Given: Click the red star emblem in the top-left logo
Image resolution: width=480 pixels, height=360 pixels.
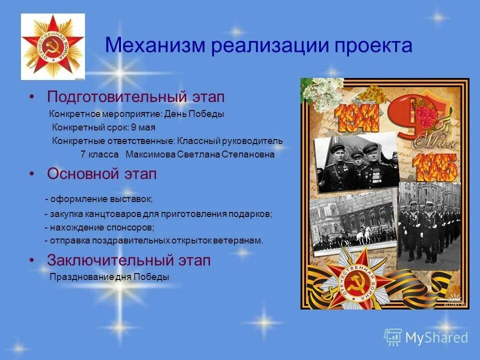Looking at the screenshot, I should [x=52, y=46].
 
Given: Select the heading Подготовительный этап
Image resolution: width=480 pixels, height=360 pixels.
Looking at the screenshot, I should [x=135, y=96].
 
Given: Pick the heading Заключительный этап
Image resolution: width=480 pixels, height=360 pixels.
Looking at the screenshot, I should [x=129, y=260].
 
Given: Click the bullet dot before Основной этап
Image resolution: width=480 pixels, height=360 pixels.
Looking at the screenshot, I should [x=32, y=174].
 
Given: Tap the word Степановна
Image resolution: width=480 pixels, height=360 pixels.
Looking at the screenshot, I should [x=248, y=154].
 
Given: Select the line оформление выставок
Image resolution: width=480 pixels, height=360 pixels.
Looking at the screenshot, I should [x=99, y=199].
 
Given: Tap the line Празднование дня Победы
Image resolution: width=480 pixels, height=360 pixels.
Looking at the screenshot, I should [x=109, y=276].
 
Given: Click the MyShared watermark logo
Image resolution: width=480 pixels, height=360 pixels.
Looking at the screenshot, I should [x=426, y=337].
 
